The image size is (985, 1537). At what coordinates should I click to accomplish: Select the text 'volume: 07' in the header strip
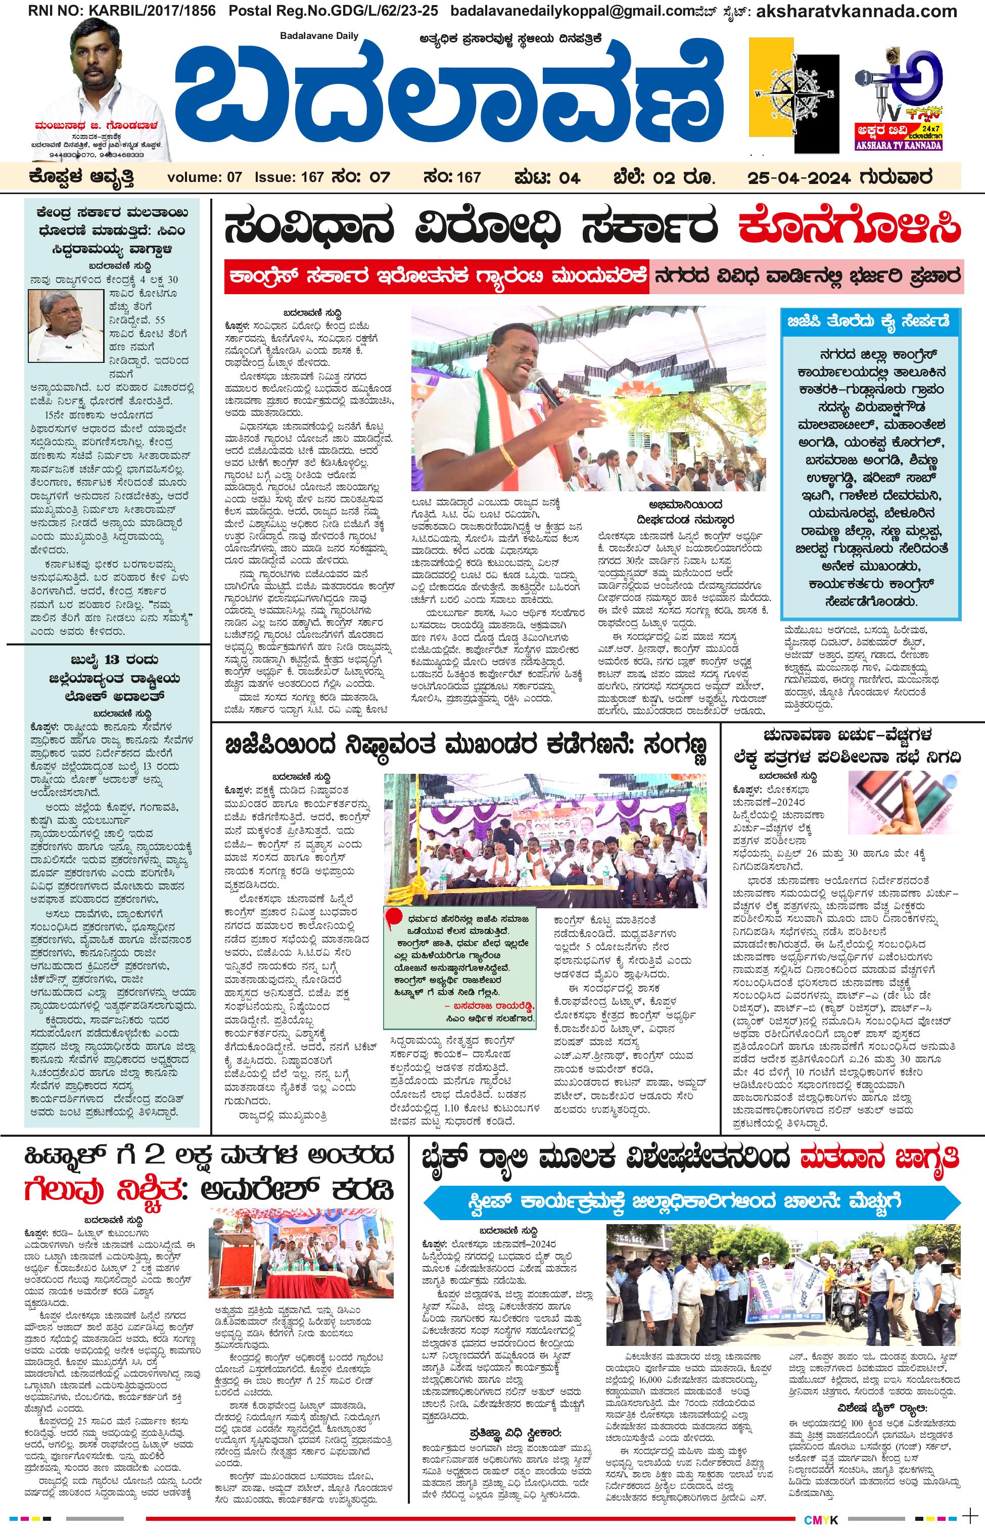[204, 177]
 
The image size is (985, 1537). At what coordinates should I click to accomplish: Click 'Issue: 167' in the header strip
[289, 177]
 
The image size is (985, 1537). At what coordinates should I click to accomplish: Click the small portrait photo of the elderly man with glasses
[65, 324]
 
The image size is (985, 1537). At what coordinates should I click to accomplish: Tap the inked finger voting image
[903, 800]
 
